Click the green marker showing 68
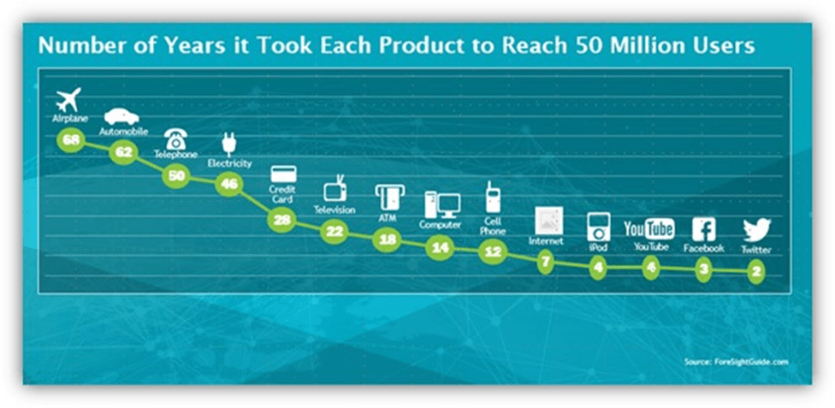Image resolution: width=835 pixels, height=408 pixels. click(x=71, y=139)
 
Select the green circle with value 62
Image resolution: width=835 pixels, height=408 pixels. click(x=123, y=152)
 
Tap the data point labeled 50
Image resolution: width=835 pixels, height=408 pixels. click(x=175, y=175)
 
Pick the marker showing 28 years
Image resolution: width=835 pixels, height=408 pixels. click(x=281, y=220)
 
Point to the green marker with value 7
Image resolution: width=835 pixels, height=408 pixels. click(x=546, y=261)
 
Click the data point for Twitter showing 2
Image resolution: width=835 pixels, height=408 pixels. click(x=756, y=271)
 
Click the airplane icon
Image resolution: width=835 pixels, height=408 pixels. click(x=68, y=99)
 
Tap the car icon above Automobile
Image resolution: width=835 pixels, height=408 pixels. click(x=121, y=117)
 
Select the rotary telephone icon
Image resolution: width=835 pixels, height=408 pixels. click(x=175, y=139)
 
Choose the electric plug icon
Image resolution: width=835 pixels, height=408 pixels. click(x=228, y=145)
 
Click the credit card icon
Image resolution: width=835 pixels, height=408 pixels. click(x=283, y=174)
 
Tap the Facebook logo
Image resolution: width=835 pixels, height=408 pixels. click(x=703, y=229)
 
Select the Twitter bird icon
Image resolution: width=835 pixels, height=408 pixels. click(x=756, y=230)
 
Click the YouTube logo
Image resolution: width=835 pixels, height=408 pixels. click(x=649, y=229)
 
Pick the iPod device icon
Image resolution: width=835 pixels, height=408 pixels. click(x=597, y=227)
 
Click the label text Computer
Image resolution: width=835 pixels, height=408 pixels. click(x=440, y=225)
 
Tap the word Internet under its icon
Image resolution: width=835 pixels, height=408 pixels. click(x=546, y=241)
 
